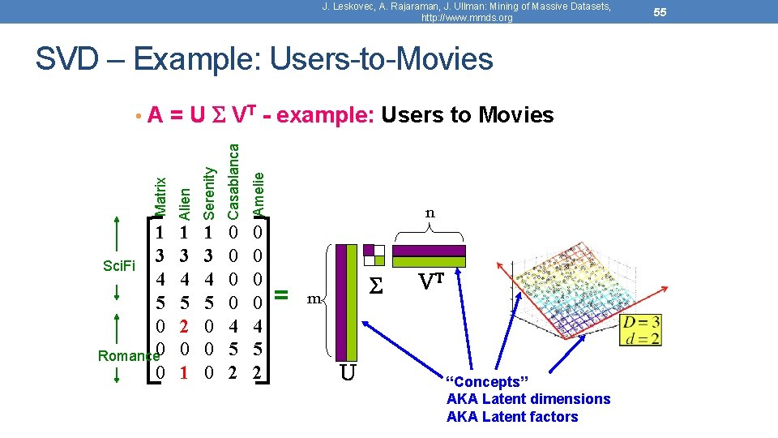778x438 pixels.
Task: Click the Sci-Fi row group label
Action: (x=118, y=264)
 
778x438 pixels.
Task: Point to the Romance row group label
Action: (x=126, y=355)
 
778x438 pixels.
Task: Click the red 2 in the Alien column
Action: (x=184, y=327)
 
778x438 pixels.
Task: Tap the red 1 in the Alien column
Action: (x=184, y=372)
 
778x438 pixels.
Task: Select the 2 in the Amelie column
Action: (x=258, y=372)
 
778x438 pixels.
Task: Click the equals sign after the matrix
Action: (x=281, y=292)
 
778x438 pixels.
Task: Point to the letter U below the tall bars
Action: (x=347, y=374)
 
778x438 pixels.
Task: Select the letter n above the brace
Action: (x=430, y=213)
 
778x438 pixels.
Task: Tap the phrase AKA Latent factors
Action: (x=512, y=417)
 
